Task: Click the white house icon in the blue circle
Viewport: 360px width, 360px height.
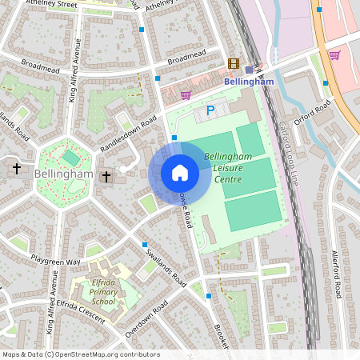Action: point(180,172)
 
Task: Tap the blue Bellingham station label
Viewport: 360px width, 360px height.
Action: point(250,82)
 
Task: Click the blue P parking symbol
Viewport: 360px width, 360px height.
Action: point(210,110)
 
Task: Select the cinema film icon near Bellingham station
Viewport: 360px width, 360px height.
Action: point(233,63)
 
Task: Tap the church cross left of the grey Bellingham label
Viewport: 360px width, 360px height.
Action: point(17,168)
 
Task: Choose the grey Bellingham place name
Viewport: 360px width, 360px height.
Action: point(64,174)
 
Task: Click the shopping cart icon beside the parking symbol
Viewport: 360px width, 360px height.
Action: point(186,94)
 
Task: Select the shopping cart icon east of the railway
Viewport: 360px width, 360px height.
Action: point(334,55)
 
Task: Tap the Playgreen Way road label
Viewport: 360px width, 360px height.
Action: point(56,262)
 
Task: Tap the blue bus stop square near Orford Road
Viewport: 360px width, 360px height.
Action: point(325,82)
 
